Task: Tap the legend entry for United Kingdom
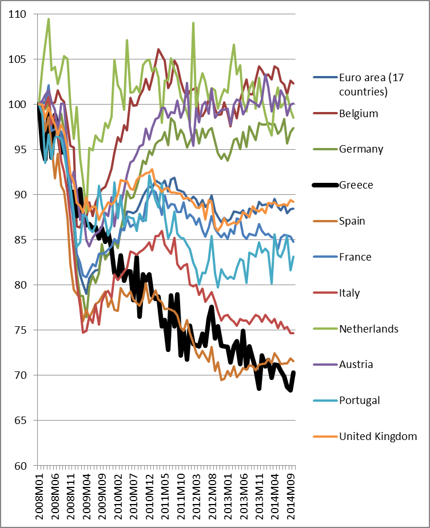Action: point(377,437)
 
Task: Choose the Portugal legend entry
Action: point(359,400)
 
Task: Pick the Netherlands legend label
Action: point(368,329)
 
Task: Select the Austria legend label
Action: point(356,365)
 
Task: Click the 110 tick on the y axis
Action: point(17,14)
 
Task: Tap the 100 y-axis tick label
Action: point(17,104)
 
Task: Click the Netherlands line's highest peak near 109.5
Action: point(49,18)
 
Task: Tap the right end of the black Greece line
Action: point(294,372)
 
